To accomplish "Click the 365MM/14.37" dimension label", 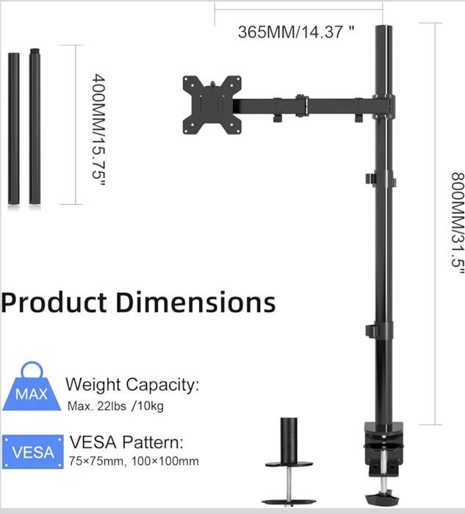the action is point(296,32).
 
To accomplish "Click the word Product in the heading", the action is point(54,303).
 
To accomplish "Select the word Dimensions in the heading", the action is point(195,301).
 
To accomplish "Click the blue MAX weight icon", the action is point(32,387).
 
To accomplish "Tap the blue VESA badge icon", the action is point(33,452).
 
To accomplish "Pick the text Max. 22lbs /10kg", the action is point(115,406).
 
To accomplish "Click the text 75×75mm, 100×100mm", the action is point(134,461).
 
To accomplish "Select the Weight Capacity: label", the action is point(132,385).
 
